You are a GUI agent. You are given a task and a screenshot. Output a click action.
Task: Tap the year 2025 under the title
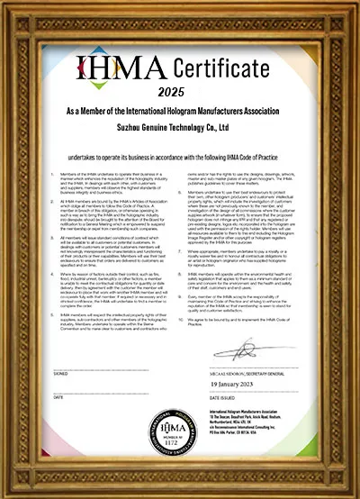180,92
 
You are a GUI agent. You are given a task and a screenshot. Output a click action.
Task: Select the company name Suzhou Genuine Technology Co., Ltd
180,128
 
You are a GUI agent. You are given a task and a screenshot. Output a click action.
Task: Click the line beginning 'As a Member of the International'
180,112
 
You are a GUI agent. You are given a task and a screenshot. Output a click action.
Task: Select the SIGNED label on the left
59,371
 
